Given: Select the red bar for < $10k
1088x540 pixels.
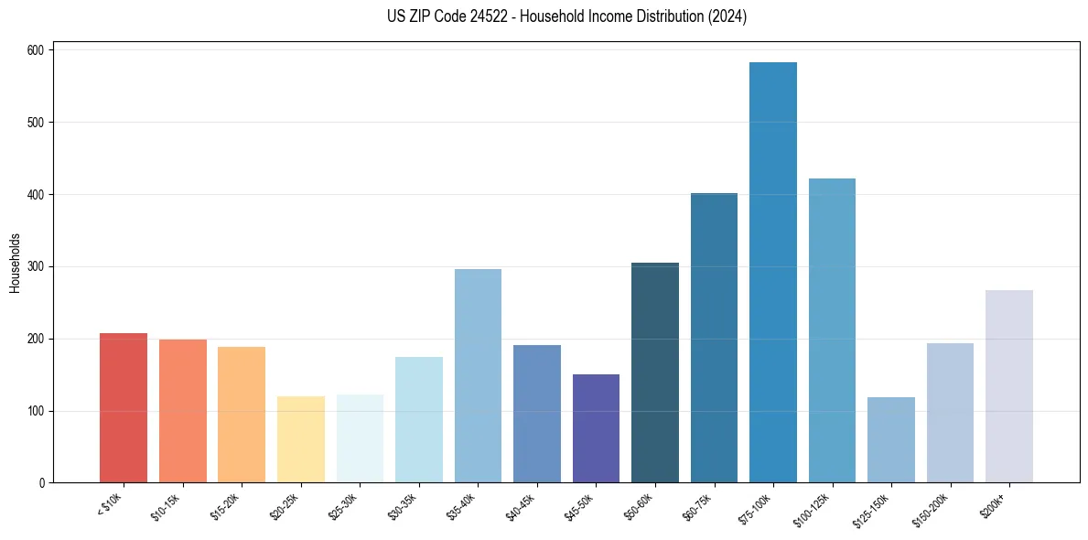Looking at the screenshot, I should (x=124, y=408).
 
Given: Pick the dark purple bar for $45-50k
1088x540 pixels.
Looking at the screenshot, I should (x=596, y=428).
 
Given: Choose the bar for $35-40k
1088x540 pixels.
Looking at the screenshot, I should (x=478, y=376).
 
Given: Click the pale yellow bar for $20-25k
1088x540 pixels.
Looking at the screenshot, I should (x=301, y=439).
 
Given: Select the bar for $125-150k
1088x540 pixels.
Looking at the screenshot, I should (x=891, y=440).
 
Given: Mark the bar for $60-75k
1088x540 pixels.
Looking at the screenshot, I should (x=714, y=338).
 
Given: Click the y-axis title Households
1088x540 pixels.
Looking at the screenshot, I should (x=16, y=262).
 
